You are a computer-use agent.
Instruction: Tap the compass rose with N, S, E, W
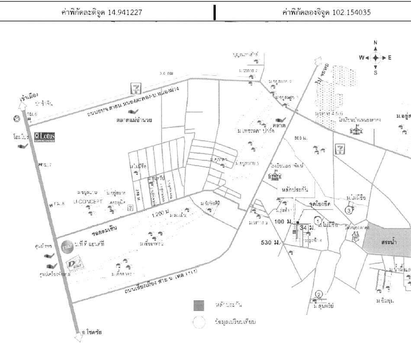pos(375,58)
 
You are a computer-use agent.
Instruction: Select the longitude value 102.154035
pos(351,12)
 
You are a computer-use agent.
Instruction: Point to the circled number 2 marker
pos(319,295)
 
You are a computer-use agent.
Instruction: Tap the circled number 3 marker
pos(349,210)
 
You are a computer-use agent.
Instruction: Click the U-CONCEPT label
pos(88,202)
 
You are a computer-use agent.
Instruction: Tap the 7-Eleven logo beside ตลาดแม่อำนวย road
pos(137,88)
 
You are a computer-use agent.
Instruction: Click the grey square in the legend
pos(199,305)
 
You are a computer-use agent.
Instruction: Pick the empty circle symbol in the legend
pos(199,322)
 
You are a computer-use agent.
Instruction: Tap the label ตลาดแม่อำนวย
pos(137,120)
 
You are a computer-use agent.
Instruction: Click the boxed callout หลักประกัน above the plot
pos(296,189)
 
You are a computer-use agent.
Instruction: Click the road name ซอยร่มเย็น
pos(105,226)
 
